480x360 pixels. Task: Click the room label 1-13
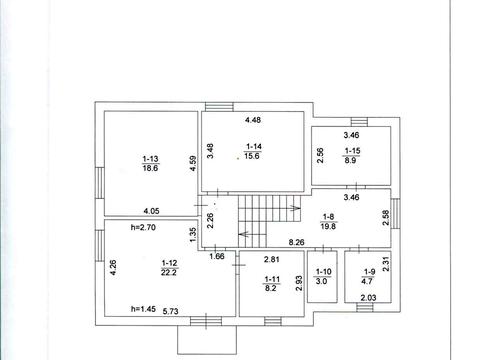click(x=150, y=159)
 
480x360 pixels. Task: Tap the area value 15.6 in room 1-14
click(x=252, y=156)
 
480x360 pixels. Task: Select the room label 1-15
click(x=352, y=151)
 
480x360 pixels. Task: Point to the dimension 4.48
click(x=253, y=120)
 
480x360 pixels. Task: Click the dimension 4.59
click(x=193, y=164)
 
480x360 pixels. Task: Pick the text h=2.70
click(x=143, y=228)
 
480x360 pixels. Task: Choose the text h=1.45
click(x=143, y=309)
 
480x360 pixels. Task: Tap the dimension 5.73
click(x=171, y=311)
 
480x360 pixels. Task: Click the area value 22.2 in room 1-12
click(x=169, y=272)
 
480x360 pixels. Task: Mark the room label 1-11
click(x=272, y=279)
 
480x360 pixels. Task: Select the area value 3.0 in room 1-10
click(x=322, y=281)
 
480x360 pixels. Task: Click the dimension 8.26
click(x=296, y=242)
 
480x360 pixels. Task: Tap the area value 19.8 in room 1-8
click(x=328, y=226)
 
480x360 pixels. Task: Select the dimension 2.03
click(x=368, y=298)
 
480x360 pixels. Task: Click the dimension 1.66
click(x=217, y=256)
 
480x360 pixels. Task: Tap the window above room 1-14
click(x=219, y=107)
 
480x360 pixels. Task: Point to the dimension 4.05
click(x=151, y=211)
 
